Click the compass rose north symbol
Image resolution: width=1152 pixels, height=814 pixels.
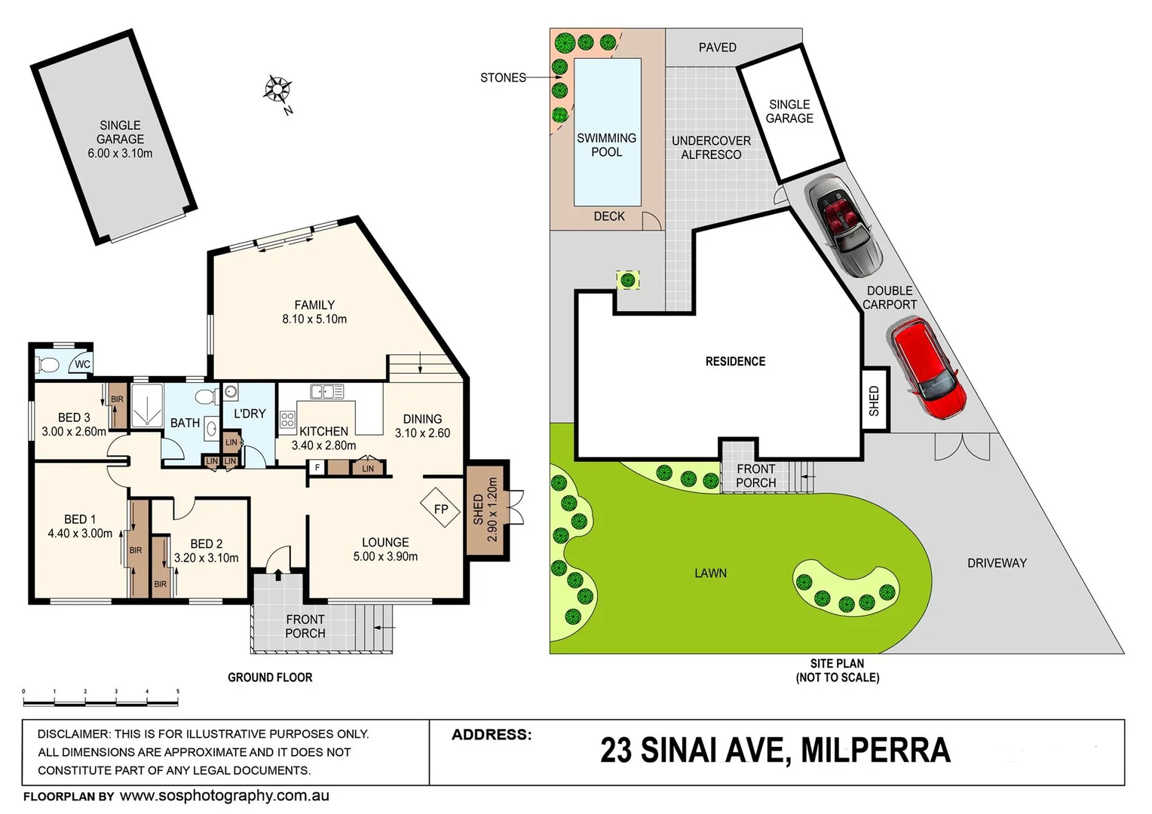point(277,90)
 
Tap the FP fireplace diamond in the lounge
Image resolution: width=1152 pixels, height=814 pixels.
point(440,509)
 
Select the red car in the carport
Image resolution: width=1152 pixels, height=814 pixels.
point(927,369)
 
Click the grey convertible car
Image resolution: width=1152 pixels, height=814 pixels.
point(844,225)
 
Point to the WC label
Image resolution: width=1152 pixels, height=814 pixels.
point(81,365)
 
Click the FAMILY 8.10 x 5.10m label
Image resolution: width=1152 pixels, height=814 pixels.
point(314,312)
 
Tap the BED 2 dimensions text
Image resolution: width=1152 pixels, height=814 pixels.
point(206,558)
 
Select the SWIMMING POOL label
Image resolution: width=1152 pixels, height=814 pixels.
point(606,145)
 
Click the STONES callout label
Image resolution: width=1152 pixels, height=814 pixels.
point(503,78)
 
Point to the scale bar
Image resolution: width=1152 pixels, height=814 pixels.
point(100,701)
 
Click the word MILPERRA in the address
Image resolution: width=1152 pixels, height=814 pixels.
point(875,751)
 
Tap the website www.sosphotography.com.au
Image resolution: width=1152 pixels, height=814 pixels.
point(224,796)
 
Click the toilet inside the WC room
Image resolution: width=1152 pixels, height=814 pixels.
point(49,366)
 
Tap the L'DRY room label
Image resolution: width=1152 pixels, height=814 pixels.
point(250,414)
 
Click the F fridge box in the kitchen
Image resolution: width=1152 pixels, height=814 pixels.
point(317,468)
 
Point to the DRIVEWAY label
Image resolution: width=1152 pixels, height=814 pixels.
point(997,563)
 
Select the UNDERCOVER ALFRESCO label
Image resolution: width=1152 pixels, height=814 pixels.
point(711,148)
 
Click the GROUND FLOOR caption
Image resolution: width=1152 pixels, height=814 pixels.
point(270,678)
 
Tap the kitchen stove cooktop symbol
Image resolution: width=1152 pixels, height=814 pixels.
point(287,420)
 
